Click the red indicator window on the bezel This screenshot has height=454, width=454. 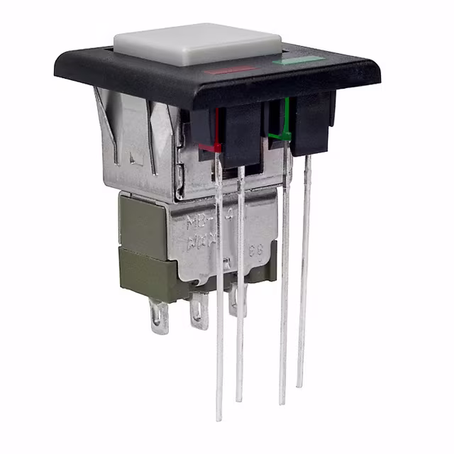(x=230, y=70)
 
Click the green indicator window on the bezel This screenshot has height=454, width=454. (x=298, y=60)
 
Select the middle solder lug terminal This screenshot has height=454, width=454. (x=199, y=311)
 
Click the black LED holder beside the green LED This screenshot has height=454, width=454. (x=312, y=124)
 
